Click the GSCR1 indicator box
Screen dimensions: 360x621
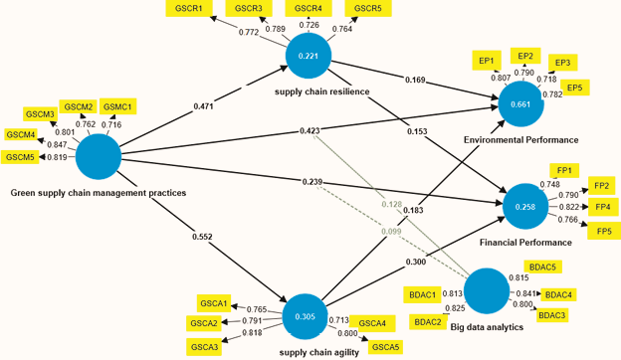click(x=188, y=9)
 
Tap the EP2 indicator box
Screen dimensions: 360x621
click(x=525, y=56)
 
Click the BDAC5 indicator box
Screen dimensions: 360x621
click(x=542, y=268)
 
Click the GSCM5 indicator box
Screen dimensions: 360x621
click(x=20, y=157)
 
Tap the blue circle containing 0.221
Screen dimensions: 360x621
click(x=309, y=57)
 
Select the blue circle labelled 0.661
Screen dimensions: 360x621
click(x=520, y=102)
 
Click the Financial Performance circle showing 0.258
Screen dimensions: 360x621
click(x=525, y=206)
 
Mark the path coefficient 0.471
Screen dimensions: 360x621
click(x=204, y=106)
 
